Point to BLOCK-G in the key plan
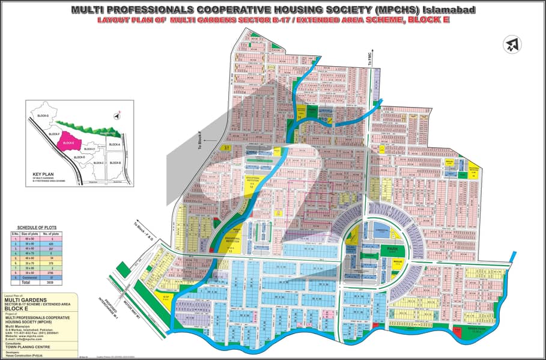click(x=43, y=115)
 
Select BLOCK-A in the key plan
click(x=114, y=145)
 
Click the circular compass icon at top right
click(x=513, y=44)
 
